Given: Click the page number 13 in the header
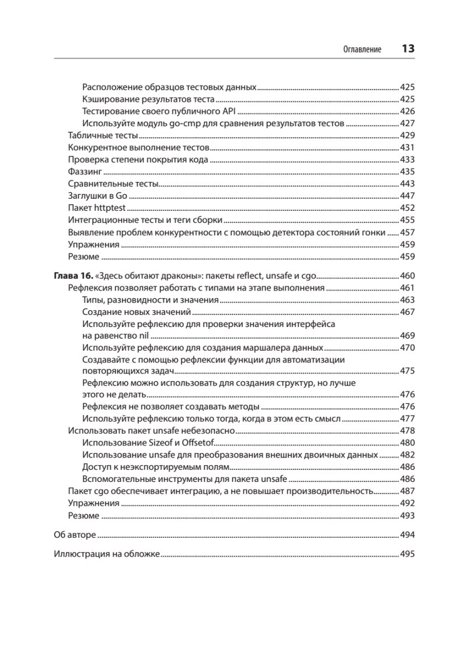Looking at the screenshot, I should (x=408, y=49).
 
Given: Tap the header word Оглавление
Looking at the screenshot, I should (x=362, y=49).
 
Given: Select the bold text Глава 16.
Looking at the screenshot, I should (x=73, y=276).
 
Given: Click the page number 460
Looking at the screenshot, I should (x=407, y=276).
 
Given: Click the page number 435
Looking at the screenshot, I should (x=407, y=172).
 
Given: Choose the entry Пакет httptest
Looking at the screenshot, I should (x=97, y=208).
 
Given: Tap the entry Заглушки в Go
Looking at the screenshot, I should (x=97, y=196).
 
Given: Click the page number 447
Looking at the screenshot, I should (x=407, y=196).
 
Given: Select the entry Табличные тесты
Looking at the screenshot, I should (x=102, y=136).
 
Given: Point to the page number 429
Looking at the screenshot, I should (x=407, y=136).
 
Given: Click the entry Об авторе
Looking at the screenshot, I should (x=75, y=535).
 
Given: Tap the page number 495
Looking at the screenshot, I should (x=407, y=554).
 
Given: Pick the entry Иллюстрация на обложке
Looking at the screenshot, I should (x=107, y=554).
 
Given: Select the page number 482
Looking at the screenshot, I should (x=407, y=455).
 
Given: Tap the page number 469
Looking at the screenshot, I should (x=407, y=335).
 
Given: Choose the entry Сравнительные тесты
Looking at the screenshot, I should (x=113, y=184).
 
